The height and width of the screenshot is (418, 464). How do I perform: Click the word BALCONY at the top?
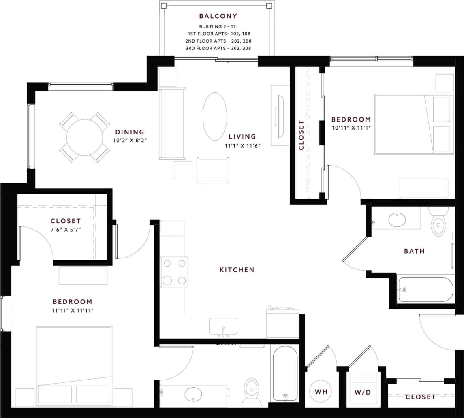pyautogui.click(x=218, y=16)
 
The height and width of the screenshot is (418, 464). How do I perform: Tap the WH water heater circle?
pyautogui.click(x=321, y=392)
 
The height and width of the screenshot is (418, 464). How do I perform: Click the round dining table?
pyautogui.click(x=85, y=137)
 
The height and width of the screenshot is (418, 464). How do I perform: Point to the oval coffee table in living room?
pyautogui.click(x=214, y=116)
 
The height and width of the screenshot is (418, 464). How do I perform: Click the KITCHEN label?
pyautogui.click(x=237, y=270)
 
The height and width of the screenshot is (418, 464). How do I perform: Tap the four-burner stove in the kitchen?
pyautogui.click(x=174, y=272)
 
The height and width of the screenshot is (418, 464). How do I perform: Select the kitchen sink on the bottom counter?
pyautogui.click(x=223, y=326)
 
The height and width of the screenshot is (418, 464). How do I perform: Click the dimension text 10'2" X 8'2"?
pyautogui.click(x=129, y=141)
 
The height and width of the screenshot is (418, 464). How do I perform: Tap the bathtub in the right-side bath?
pyautogui.click(x=426, y=290)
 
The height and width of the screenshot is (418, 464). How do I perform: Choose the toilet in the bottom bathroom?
pyautogui.click(x=252, y=392)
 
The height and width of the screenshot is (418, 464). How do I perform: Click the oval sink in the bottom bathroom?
pyautogui.click(x=193, y=393)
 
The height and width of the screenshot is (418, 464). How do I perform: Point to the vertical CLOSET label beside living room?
pyautogui.click(x=301, y=135)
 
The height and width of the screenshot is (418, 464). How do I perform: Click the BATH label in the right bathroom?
pyautogui.click(x=414, y=251)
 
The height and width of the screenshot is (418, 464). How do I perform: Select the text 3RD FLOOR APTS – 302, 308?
pyautogui.click(x=218, y=48)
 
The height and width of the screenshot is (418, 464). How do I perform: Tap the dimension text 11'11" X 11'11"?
pyautogui.click(x=73, y=311)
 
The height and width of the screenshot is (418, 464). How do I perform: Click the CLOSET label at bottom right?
pyautogui.click(x=420, y=397)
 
